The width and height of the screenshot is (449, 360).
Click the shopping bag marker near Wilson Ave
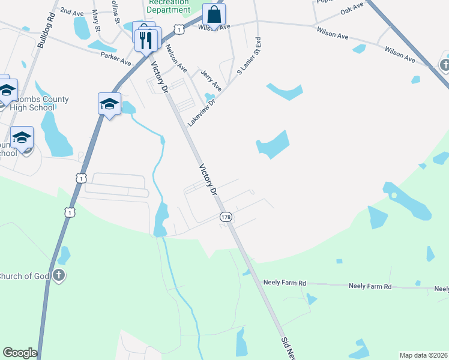[213, 15]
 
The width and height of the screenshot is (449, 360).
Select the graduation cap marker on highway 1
[110, 104]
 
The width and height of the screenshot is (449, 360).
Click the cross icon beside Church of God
[58, 275]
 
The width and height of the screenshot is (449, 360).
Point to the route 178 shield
[226, 217]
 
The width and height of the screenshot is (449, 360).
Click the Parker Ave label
[116, 58]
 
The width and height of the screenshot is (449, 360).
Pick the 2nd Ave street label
[72, 12]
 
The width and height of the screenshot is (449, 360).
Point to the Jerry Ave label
[211, 80]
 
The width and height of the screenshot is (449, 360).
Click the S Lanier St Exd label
[249, 55]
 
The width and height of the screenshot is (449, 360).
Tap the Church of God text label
[23, 276]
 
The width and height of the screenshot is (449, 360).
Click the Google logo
[20, 353]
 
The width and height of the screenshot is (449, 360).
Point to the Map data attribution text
[423, 355]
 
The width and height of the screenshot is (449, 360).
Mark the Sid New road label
[288, 347]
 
